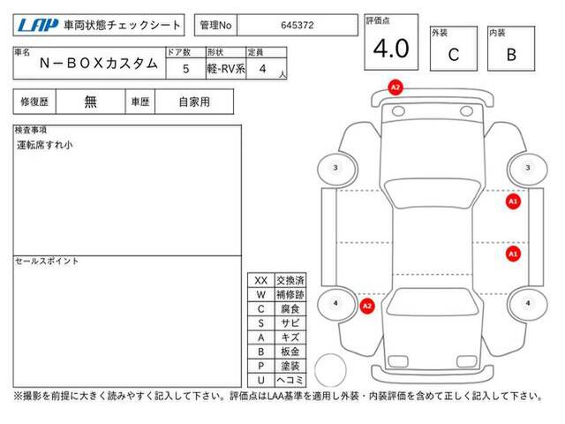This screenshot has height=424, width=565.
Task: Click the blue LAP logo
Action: [x=37, y=26]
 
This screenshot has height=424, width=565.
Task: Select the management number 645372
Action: [x=298, y=26]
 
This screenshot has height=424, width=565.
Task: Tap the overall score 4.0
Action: [x=391, y=49]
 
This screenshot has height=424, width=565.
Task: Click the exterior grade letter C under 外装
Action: [x=453, y=55]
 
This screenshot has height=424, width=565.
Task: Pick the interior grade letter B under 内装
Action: [x=511, y=55]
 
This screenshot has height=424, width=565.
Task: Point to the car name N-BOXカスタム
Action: [x=99, y=64]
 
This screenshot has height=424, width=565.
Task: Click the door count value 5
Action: [x=185, y=69]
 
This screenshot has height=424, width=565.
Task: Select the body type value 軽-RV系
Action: [x=226, y=69]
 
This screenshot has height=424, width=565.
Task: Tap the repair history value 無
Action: [x=90, y=102]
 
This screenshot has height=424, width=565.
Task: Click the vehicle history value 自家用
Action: [x=194, y=102]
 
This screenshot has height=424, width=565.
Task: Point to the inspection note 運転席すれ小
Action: [x=45, y=145]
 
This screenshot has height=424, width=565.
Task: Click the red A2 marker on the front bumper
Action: [x=395, y=87]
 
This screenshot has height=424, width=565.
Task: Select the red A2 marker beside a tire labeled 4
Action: [x=367, y=307]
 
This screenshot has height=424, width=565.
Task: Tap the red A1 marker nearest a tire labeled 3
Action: [x=513, y=201]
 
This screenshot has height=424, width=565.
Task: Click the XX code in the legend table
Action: [x=261, y=281]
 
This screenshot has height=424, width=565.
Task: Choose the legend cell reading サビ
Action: [x=290, y=323]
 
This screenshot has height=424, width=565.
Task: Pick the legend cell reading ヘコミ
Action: [x=290, y=380]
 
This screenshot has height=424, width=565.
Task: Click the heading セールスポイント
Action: [x=47, y=261]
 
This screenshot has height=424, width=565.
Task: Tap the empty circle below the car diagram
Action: [x=330, y=370]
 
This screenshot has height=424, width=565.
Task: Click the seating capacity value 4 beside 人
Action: [x=263, y=69]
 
